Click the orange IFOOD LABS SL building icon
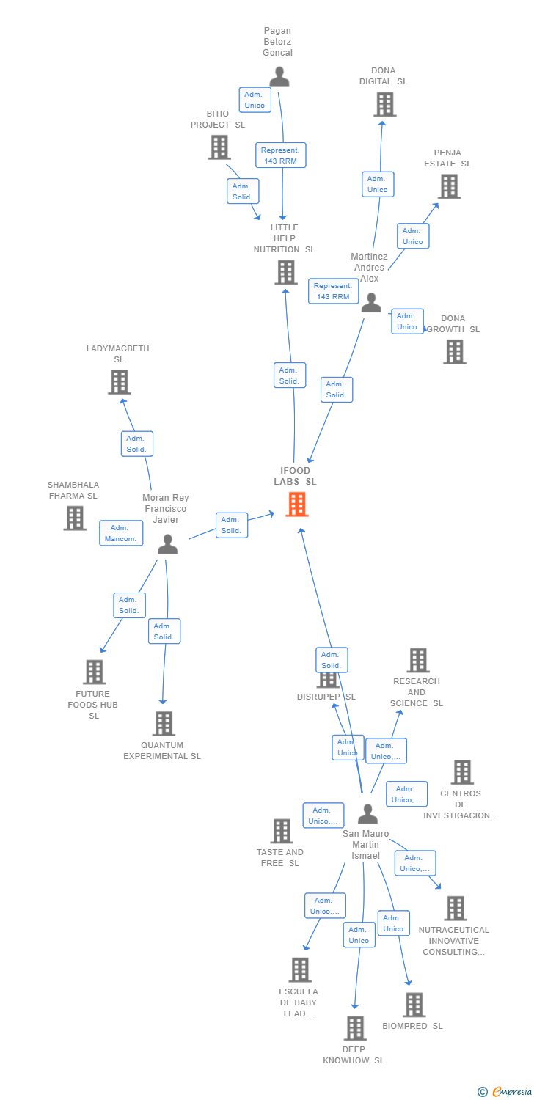(x=296, y=504)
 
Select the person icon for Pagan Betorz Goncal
(x=279, y=76)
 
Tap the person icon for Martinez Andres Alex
(x=371, y=302)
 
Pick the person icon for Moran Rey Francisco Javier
(x=168, y=543)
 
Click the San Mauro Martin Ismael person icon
(x=367, y=813)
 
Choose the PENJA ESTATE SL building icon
(x=449, y=186)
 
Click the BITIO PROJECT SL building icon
(x=219, y=147)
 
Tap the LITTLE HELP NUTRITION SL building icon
(x=285, y=272)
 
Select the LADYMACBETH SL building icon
(x=119, y=381)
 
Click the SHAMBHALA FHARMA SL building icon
(x=74, y=518)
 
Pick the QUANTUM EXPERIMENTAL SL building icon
(x=164, y=724)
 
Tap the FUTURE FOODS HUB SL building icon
(x=94, y=672)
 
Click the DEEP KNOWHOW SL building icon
(x=355, y=1028)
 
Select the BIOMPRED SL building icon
(x=414, y=1005)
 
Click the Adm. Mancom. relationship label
(x=120, y=533)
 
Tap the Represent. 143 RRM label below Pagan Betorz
(x=281, y=155)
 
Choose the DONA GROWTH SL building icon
(x=454, y=351)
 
